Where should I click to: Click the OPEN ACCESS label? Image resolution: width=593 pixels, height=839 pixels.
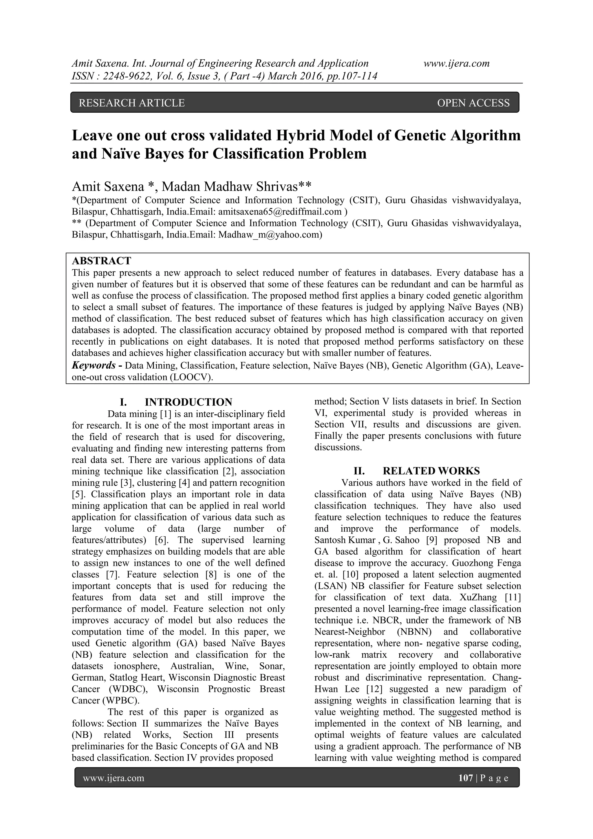click(473, 103)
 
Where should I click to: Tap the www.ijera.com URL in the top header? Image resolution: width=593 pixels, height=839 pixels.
click(456, 64)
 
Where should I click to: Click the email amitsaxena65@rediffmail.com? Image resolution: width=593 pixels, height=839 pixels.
click(279, 212)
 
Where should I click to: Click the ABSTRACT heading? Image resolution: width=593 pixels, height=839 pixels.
click(101, 261)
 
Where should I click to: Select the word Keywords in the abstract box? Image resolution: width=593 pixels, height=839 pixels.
click(94, 365)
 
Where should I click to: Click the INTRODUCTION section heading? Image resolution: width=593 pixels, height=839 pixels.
click(188, 402)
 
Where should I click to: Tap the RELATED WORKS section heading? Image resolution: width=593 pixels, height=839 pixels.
click(431, 471)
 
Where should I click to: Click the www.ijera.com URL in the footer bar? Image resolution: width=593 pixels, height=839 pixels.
click(114, 778)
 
